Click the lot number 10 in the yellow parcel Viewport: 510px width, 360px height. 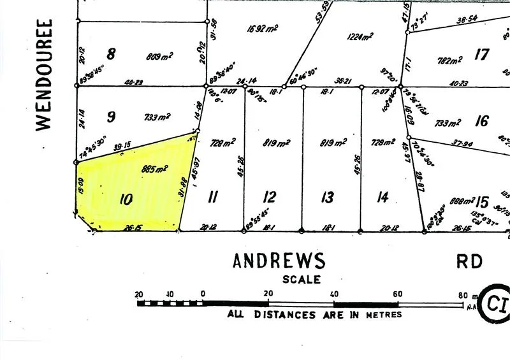[x=126, y=199]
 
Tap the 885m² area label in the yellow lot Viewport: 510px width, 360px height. [x=154, y=169]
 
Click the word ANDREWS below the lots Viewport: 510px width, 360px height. [x=279, y=261]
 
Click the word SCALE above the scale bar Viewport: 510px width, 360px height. [x=302, y=279]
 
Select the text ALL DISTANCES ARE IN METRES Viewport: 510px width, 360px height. [x=315, y=314]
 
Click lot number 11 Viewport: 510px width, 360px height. [x=212, y=198]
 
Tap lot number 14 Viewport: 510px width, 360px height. [x=382, y=198]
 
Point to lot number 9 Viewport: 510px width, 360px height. [x=111, y=117]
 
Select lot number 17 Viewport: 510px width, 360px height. [x=481, y=54]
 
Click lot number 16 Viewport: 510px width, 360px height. [x=481, y=120]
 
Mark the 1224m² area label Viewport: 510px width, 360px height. [x=360, y=36]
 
